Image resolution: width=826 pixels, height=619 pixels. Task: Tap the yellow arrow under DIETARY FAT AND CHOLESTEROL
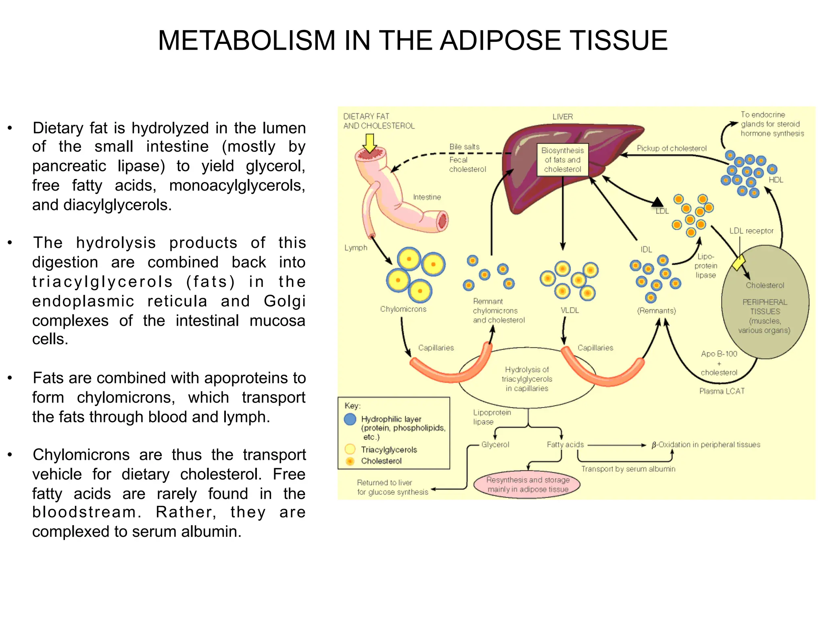tap(369, 143)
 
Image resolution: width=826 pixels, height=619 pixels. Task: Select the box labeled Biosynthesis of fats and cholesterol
tap(562, 160)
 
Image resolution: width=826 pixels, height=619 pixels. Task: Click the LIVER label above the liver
tap(562, 117)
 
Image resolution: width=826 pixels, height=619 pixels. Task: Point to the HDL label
tap(776, 180)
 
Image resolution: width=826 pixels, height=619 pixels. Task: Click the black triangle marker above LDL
tap(657, 201)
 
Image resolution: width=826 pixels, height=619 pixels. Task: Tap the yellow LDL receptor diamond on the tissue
tap(739, 262)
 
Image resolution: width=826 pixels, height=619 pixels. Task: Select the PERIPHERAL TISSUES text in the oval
tap(765, 307)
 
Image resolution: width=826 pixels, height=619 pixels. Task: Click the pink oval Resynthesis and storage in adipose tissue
tap(528, 485)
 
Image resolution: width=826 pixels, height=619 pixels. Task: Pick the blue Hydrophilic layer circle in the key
tap(350, 419)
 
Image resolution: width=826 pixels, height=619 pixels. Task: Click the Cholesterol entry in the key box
tap(381, 461)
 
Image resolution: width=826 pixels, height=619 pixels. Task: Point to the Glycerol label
tap(495, 445)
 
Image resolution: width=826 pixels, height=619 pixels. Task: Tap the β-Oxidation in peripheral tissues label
tap(706, 445)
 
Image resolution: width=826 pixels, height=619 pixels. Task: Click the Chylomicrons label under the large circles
tap(403, 309)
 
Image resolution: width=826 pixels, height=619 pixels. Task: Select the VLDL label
tap(569, 310)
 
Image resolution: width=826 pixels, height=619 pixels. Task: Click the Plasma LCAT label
tap(722, 391)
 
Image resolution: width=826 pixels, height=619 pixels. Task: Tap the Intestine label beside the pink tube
tap(427, 197)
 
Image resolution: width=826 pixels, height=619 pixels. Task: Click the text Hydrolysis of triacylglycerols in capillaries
tap(527, 379)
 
